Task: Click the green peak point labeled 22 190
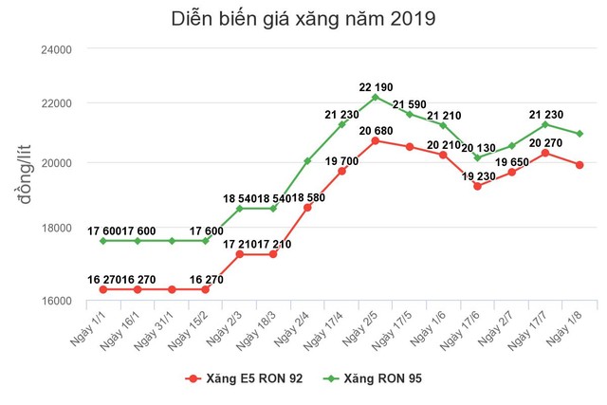point(376,97)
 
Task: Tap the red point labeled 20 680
point(376,140)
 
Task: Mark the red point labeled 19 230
point(478,186)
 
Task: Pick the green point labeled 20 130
point(478,157)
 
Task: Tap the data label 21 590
point(411,103)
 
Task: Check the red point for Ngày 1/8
point(579,164)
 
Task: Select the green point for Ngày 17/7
point(545,124)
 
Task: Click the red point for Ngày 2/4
point(307,207)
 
